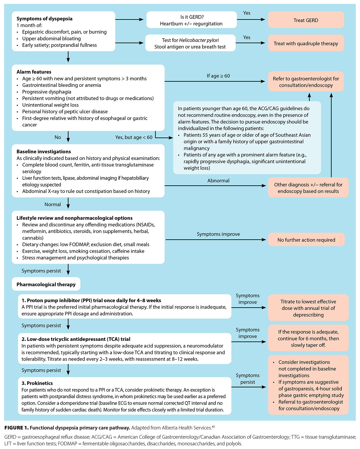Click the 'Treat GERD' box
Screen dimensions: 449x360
point(306,20)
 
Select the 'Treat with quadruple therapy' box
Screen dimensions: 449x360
point(306,43)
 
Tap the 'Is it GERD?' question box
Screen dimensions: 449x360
point(192,20)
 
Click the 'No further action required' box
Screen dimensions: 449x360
point(306,240)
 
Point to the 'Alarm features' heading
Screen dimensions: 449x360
point(34,72)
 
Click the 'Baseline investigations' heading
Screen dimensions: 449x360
point(44,152)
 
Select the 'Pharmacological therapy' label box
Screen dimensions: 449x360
point(46,284)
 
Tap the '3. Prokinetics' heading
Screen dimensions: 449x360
point(37,383)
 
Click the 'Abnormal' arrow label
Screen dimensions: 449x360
point(218,181)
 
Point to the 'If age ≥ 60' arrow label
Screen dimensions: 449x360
point(218,76)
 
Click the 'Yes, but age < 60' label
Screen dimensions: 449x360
point(134,137)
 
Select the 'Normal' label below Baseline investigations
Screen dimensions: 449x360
point(53,204)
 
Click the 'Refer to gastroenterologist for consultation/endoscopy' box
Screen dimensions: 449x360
point(306,82)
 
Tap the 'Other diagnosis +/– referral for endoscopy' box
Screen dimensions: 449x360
point(308,188)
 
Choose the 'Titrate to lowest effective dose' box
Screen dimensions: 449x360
point(308,308)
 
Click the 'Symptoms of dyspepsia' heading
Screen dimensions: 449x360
point(44,18)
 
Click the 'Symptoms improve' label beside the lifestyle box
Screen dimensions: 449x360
point(218,234)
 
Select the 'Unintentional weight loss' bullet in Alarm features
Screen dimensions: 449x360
point(50,105)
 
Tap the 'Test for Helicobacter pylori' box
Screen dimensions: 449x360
point(190,43)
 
